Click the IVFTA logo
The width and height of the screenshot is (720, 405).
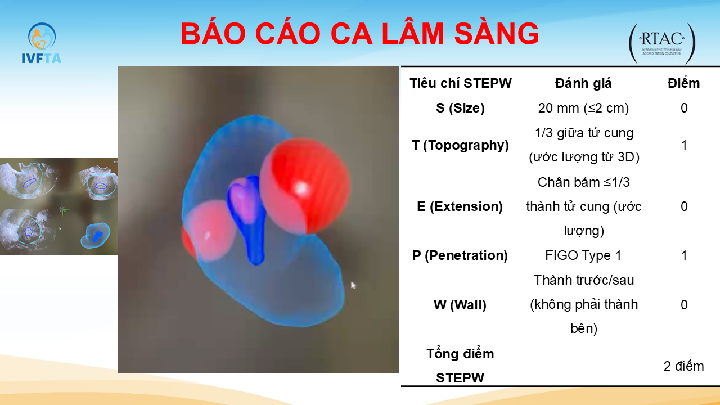[x=41, y=43]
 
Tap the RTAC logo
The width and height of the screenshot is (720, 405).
[x=662, y=43]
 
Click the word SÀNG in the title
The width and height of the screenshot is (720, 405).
[x=496, y=33]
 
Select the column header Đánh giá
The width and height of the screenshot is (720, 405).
[x=583, y=83]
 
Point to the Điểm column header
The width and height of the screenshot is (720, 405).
[x=683, y=83]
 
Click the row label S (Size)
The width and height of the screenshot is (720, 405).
[x=460, y=108]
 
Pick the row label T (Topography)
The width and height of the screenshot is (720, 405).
[x=460, y=145]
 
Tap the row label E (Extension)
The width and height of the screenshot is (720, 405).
[x=460, y=206]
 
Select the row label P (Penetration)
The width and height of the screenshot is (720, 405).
[x=460, y=255]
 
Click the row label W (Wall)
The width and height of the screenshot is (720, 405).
[x=460, y=305]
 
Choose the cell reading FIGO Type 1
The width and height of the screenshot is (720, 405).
[x=583, y=255]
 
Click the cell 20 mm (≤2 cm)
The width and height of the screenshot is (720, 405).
[x=583, y=108]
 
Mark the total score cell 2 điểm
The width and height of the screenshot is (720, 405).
[x=683, y=366]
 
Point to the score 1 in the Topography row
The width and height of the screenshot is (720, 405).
[x=684, y=145]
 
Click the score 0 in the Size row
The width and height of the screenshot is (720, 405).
[x=684, y=108]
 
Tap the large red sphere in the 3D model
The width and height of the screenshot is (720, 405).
[x=305, y=186]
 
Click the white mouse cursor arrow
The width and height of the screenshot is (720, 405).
[x=353, y=285]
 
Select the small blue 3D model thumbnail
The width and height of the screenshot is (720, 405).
[x=96, y=236]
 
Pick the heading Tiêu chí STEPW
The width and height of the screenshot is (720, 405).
[x=460, y=83]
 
